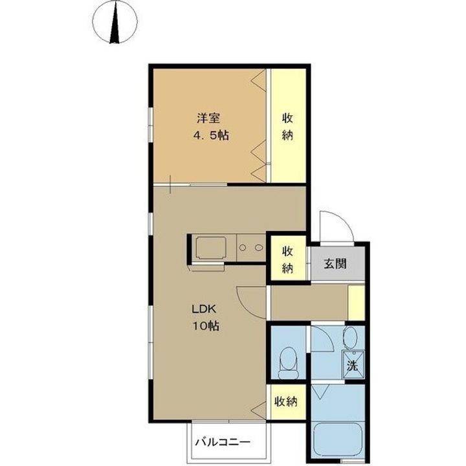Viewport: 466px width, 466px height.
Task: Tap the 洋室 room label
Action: [x=208, y=119]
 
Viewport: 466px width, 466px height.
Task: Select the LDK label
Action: [x=201, y=309]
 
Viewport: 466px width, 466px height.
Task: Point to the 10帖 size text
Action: [x=204, y=326]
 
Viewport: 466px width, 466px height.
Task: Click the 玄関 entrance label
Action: [x=335, y=264]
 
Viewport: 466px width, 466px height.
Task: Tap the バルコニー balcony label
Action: [x=222, y=444]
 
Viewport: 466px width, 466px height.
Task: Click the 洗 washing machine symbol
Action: [x=353, y=365]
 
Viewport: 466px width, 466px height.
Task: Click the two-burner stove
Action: [x=250, y=247]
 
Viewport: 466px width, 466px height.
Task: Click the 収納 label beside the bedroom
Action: [x=289, y=127]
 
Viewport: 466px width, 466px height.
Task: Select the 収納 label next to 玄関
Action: [x=287, y=257]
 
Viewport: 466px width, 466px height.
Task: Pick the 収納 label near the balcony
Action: [x=285, y=402]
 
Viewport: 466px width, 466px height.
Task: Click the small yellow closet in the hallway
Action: [x=356, y=302]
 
